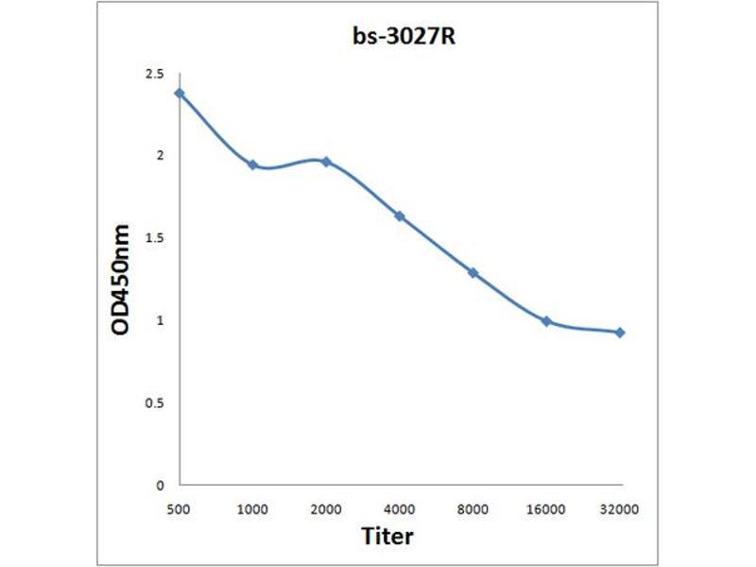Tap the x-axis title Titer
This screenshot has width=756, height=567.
point(387,537)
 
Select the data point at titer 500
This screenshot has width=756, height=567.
point(180,93)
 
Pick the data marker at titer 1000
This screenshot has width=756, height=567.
point(252,164)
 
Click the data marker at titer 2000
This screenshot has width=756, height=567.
point(326,162)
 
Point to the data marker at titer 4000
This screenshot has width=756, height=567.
point(400,216)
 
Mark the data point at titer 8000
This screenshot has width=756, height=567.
point(472,272)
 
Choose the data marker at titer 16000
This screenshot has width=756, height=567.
point(546,321)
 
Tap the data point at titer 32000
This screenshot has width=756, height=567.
point(620,333)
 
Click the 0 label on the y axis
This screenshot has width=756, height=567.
point(161,486)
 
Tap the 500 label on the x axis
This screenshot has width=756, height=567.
point(179,509)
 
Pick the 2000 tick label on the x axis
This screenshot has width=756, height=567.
point(326,509)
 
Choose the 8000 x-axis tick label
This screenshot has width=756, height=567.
point(472,509)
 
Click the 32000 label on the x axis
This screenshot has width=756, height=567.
point(620,509)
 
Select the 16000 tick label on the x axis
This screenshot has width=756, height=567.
point(546,509)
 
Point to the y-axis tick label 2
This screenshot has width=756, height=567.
point(160,156)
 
